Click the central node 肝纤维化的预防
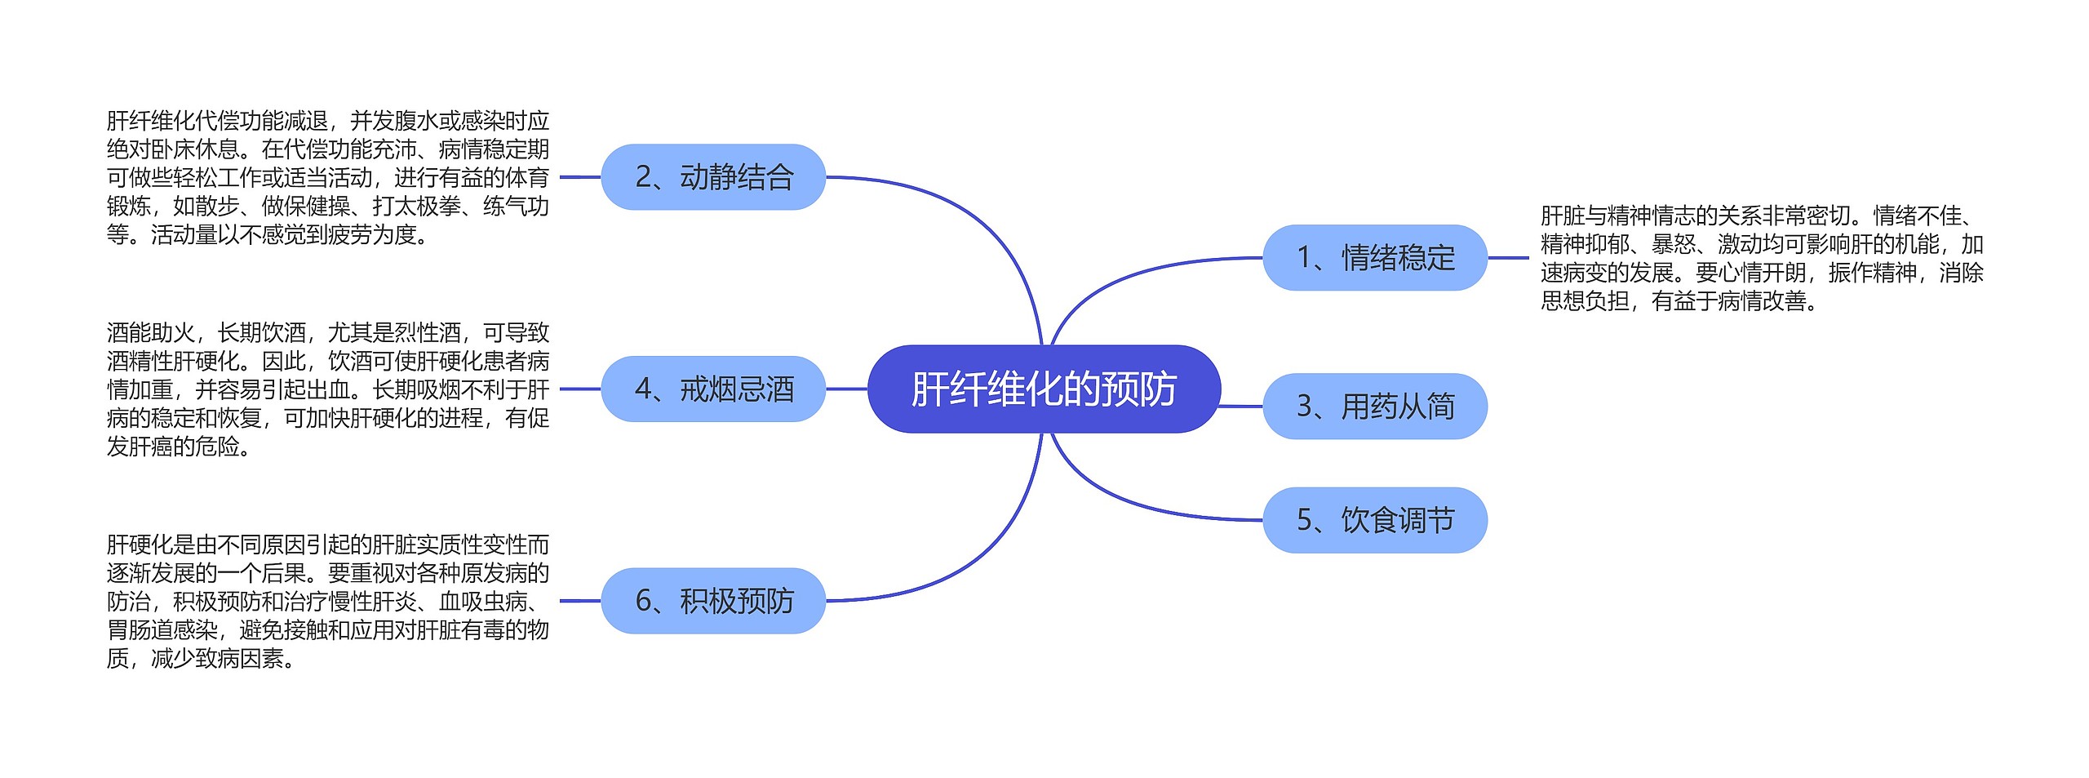coord(1044,389)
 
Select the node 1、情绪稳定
coord(1375,258)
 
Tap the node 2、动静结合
coord(713,177)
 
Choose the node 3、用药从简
coord(1375,406)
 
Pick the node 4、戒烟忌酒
coord(713,389)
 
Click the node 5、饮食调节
coord(1375,520)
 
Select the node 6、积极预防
coord(713,601)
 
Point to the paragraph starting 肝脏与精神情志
coord(1761,258)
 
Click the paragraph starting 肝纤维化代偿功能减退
coord(327,177)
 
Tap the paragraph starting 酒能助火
coord(327,389)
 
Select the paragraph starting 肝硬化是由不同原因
coord(327,601)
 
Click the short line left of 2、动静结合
coord(580,177)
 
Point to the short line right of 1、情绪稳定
coord(1508,258)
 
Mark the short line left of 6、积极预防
coord(580,601)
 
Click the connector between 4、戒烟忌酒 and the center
coord(846,389)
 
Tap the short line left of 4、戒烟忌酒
coord(580,389)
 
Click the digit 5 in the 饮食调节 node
coord(1304,520)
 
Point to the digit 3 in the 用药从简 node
coord(1304,407)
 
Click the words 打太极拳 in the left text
coord(416,207)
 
